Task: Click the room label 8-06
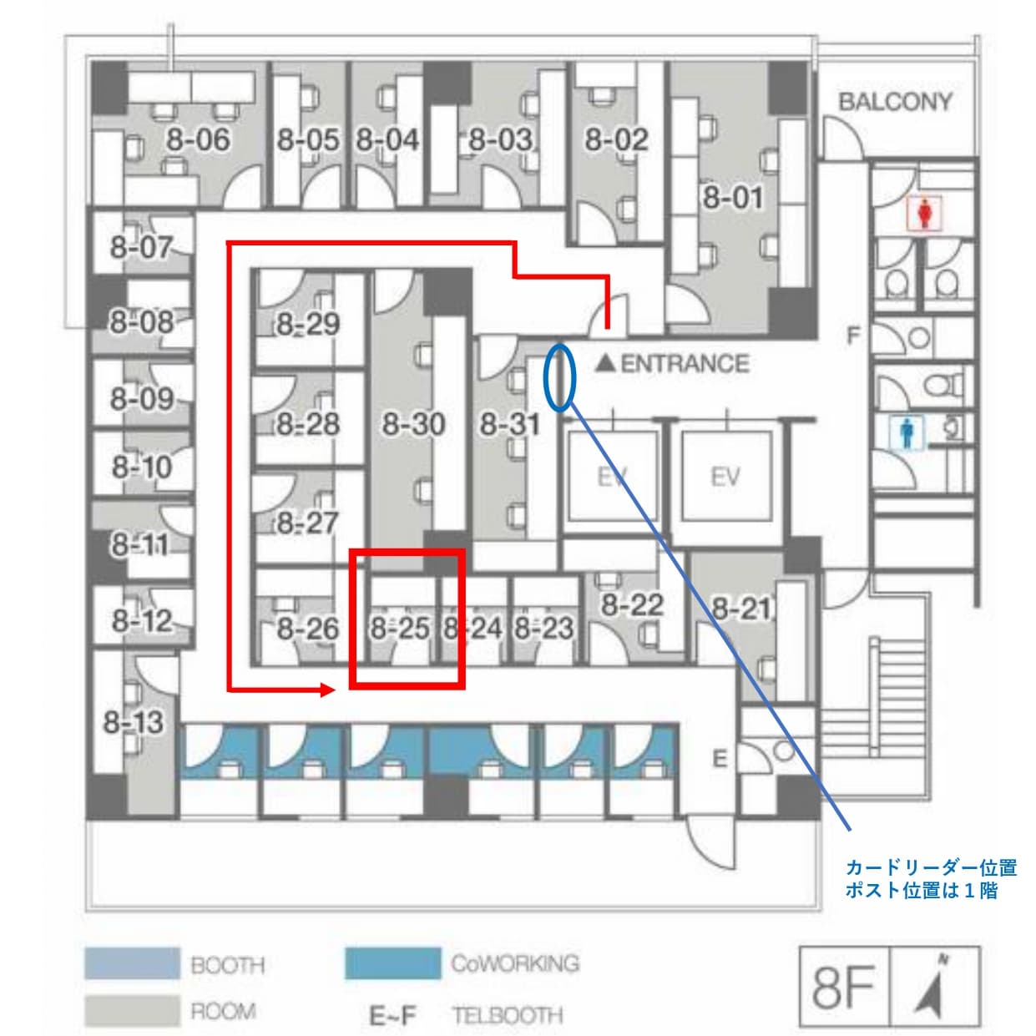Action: [198, 139]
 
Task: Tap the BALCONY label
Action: [895, 102]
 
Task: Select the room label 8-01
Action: [733, 197]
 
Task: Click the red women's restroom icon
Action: [925, 214]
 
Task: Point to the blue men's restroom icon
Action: [907, 432]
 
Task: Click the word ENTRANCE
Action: [685, 364]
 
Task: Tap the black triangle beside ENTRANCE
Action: [605, 364]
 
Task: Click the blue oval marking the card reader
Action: [559, 377]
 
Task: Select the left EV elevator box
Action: [612, 477]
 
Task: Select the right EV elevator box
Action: [725, 477]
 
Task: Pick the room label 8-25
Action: [400, 628]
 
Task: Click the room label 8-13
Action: [133, 721]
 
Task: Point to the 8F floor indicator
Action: [842, 988]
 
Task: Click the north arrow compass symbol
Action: [935, 987]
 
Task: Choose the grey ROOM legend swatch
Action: [132, 1011]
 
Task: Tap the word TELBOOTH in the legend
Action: [508, 1015]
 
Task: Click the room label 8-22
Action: [632, 605]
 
